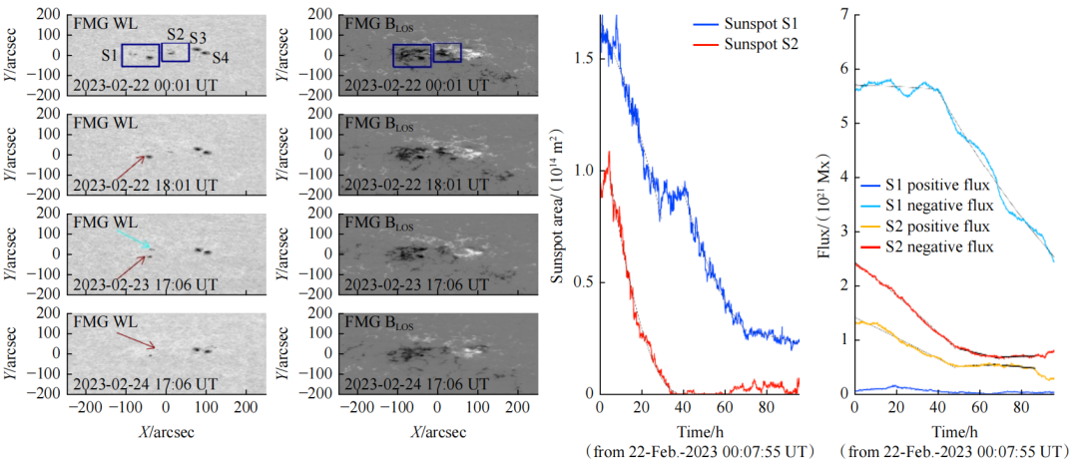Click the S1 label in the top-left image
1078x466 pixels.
point(109,54)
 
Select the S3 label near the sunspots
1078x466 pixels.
point(198,38)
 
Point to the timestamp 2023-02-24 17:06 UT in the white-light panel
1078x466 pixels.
point(145,383)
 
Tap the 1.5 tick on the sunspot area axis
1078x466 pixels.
point(583,59)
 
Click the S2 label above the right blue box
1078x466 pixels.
point(176,34)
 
